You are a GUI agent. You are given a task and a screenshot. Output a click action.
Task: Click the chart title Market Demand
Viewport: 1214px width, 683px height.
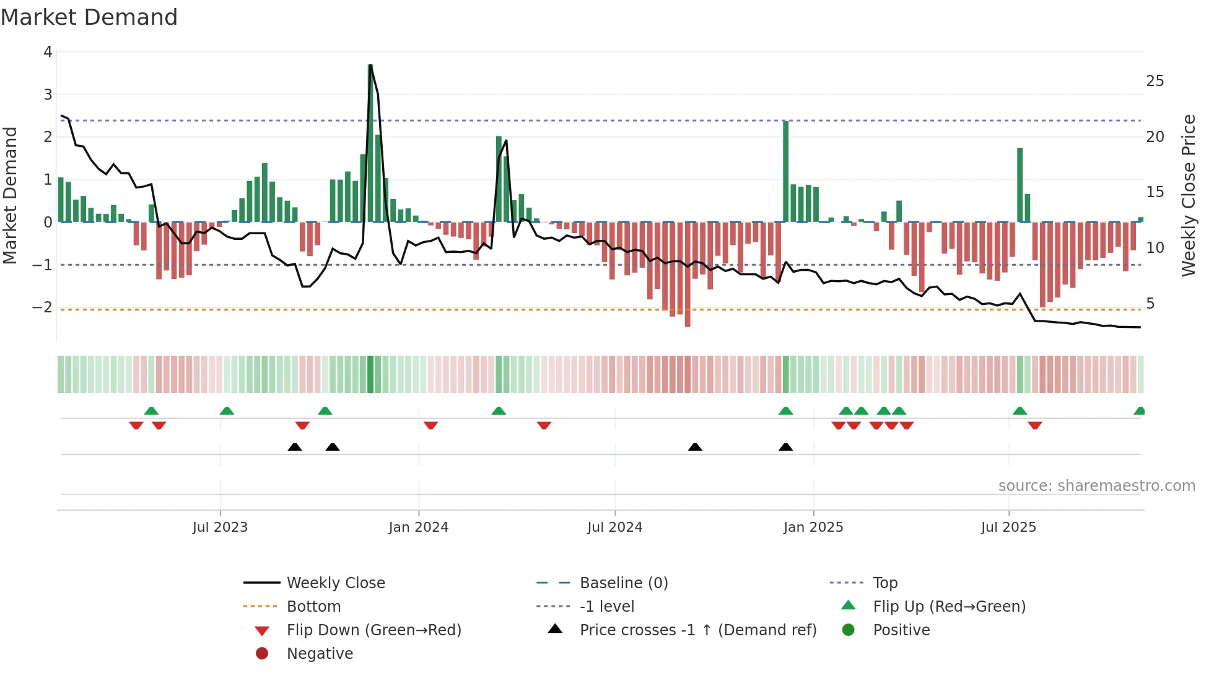89,17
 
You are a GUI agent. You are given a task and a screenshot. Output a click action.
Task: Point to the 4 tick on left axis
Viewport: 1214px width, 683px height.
48,52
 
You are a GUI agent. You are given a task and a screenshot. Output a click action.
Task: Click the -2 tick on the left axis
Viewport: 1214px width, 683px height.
42,307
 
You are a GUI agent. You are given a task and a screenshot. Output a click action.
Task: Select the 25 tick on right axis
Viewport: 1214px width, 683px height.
1155,81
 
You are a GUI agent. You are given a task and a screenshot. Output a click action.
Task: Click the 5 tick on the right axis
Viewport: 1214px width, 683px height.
1150,304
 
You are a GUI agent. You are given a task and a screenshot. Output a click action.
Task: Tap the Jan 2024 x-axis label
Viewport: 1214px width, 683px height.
418,527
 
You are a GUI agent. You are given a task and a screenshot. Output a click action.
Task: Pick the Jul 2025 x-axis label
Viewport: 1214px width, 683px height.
1008,527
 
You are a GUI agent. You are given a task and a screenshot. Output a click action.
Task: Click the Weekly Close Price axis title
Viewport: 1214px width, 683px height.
1188,195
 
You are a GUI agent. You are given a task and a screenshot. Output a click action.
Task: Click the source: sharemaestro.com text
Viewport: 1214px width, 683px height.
1096,486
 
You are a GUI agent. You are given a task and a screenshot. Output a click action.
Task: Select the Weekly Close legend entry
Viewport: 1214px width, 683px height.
335,583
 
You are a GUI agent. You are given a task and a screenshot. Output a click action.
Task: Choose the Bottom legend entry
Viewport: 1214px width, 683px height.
313,607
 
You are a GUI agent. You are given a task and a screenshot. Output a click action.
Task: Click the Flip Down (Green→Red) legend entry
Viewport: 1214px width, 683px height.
373,630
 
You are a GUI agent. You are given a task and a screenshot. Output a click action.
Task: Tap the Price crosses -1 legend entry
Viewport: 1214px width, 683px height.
697,630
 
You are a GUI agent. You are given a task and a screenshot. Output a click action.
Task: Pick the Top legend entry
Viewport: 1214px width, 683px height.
884,583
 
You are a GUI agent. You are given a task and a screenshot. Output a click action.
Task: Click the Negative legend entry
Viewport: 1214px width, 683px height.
320,654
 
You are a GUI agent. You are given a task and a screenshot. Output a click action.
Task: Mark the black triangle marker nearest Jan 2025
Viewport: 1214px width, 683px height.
785,447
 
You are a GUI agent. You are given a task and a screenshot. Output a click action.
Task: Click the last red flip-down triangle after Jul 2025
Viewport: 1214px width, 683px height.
1034,425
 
